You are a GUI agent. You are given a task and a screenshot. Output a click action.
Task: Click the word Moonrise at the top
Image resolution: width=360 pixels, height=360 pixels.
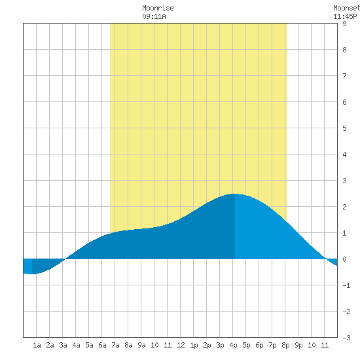[158, 8]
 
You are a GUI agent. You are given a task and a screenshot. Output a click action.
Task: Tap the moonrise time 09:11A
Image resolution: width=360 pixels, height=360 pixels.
[154, 16]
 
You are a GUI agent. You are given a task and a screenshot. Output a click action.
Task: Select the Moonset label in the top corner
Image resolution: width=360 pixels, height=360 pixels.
[346, 8]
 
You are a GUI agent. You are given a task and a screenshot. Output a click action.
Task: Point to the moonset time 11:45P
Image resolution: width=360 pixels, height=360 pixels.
[345, 16]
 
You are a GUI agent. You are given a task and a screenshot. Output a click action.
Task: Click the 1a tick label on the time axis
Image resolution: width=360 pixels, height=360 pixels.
[37, 345]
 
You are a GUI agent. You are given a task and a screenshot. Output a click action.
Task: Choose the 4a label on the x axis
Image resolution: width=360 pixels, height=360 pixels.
[76, 345]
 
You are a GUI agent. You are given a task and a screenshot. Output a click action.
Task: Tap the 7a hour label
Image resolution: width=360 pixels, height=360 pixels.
[115, 345]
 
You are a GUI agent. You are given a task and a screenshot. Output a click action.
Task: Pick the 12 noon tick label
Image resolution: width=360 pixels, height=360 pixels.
[181, 345]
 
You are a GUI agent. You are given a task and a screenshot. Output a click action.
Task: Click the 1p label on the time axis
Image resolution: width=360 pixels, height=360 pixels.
[194, 345]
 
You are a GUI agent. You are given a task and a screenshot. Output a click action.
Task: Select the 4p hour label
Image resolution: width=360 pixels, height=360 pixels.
[233, 345]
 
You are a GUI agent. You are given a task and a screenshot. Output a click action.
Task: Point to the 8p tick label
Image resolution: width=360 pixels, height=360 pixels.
[285, 345]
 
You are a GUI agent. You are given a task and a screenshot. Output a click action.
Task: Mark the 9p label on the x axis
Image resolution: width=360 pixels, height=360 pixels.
[298, 345]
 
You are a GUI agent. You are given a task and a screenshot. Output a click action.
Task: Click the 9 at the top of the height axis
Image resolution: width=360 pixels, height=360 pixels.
[344, 24]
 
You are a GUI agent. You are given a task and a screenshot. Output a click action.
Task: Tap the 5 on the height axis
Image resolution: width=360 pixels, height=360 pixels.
[344, 128]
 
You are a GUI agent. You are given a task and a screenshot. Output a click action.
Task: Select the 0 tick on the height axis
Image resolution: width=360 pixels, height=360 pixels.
[344, 259]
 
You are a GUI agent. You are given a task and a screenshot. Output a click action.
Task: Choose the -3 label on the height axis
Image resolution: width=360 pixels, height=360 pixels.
[346, 338]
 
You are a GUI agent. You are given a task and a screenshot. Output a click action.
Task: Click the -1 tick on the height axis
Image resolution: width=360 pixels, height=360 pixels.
[346, 285]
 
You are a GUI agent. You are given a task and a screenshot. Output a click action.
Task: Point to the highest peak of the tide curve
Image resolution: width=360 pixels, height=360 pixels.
[234, 194]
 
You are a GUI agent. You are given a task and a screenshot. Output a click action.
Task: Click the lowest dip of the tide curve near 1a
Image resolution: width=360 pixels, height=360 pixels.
[32, 274]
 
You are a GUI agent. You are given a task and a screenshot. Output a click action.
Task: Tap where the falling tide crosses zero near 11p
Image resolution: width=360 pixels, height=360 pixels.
[325, 259]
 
